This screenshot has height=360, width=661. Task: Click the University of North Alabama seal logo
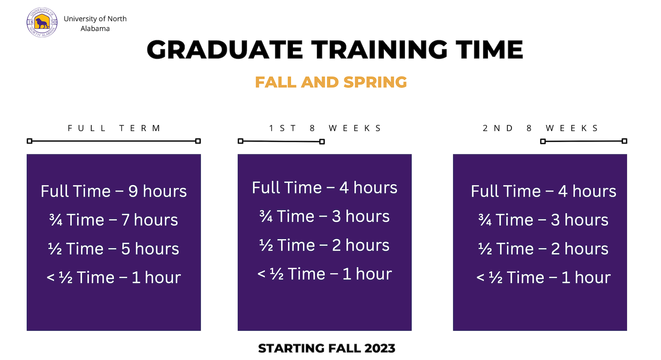[x=42, y=23]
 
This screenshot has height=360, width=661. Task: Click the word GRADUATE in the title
[x=225, y=50]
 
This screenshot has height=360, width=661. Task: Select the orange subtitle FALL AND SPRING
[x=331, y=82]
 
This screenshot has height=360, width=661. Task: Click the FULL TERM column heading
[x=114, y=128]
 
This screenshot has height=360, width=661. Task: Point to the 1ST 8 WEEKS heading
[x=325, y=128]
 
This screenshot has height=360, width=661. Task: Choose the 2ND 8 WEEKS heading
[x=540, y=128]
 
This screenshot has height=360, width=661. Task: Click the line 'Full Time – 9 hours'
[x=114, y=191]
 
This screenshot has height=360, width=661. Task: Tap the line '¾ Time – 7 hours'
[x=114, y=220]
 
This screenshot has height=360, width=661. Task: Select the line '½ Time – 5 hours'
[x=114, y=249]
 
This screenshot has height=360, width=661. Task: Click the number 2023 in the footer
[x=380, y=348]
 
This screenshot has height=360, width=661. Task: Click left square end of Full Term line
[x=29, y=141]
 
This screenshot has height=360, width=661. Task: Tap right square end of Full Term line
[x=198, y=141]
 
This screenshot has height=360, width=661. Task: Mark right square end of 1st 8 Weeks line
[x=322, y=142]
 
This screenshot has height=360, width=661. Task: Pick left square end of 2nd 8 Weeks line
[x=543, y=141]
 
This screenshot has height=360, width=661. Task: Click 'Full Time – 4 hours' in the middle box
[x=325, y=188]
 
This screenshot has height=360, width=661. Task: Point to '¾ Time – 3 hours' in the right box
[x=543, y=220]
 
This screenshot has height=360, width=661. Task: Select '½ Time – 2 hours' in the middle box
[x=324, y=245]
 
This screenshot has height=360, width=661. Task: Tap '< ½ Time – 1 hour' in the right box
[x=543, y=278]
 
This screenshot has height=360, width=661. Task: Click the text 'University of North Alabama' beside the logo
[x=95, y=24]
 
